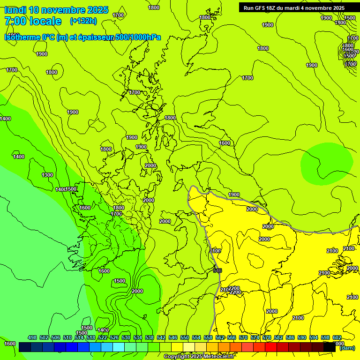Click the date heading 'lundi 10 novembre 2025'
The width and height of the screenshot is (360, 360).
tap(56, 10)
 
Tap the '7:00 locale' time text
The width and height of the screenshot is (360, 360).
tap(33, 21)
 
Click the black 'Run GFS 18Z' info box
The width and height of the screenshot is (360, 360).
tap(294, 7)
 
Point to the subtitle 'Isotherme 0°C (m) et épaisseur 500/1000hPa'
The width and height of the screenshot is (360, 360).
tap(82, 37)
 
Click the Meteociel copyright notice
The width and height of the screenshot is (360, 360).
tap(199, 356)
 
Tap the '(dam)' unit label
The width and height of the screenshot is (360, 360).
tap(347, 348)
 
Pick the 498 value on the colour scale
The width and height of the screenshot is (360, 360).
tap(32, 337)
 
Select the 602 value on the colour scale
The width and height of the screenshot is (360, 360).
tap(337, 337)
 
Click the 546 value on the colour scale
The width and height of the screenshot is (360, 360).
tap(173, 337)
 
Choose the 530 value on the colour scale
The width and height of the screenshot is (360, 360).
tap(126, 337)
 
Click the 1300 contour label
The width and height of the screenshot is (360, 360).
tap(47, 175)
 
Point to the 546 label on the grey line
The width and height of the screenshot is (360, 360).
tap(217, 270)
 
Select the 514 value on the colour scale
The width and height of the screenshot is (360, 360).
tap(79, 337)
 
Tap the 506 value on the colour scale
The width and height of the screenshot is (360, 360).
tap(56, 337)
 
